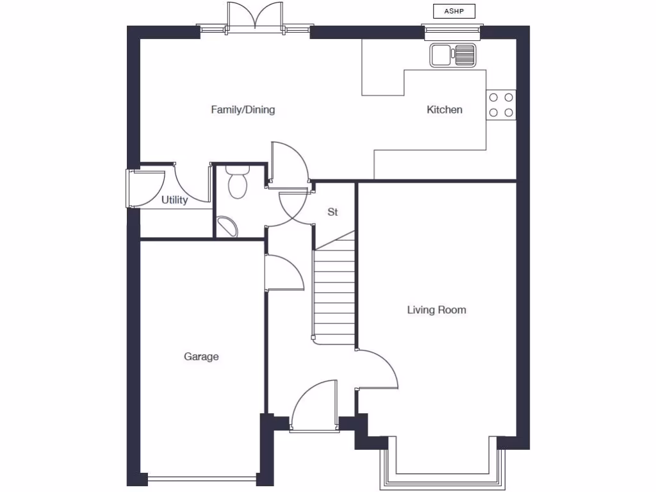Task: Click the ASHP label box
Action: (454, 11)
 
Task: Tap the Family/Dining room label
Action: (243, 110)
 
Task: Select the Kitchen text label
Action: (445, 110)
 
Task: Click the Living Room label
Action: (436, 310)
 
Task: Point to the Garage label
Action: (201, 356)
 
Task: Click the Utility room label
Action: (174, 200)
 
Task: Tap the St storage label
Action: (332, 212)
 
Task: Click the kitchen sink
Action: (452, 55)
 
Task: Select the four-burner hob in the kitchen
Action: (501, 105)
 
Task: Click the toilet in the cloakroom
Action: (238, 183)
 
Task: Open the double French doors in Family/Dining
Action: (255, 18)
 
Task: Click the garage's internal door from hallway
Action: (283, 272)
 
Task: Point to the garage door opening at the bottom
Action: (201, 477)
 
